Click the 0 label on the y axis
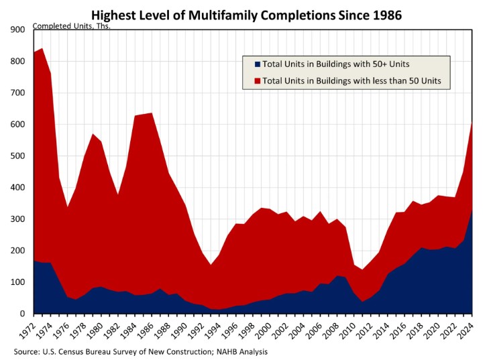[x=21, y=314]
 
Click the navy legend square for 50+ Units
[x=256, y=64]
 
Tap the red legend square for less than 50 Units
[x=256, y=82]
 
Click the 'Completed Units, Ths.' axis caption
[x=71, y=26]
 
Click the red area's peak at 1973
[x=42, y=48]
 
